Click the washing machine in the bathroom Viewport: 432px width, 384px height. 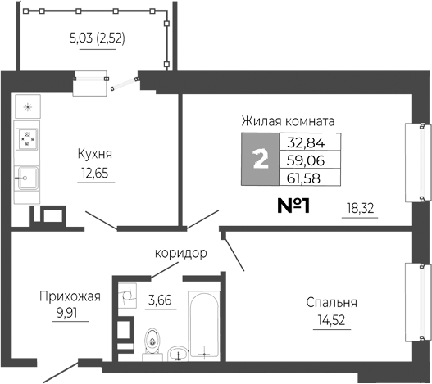click(x=125, y=295)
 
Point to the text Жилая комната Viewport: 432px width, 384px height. click(x=288, y=120)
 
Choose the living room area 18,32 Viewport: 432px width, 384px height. click(x=359, y=209)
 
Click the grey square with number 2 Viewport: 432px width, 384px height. click(x=261, y=159)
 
